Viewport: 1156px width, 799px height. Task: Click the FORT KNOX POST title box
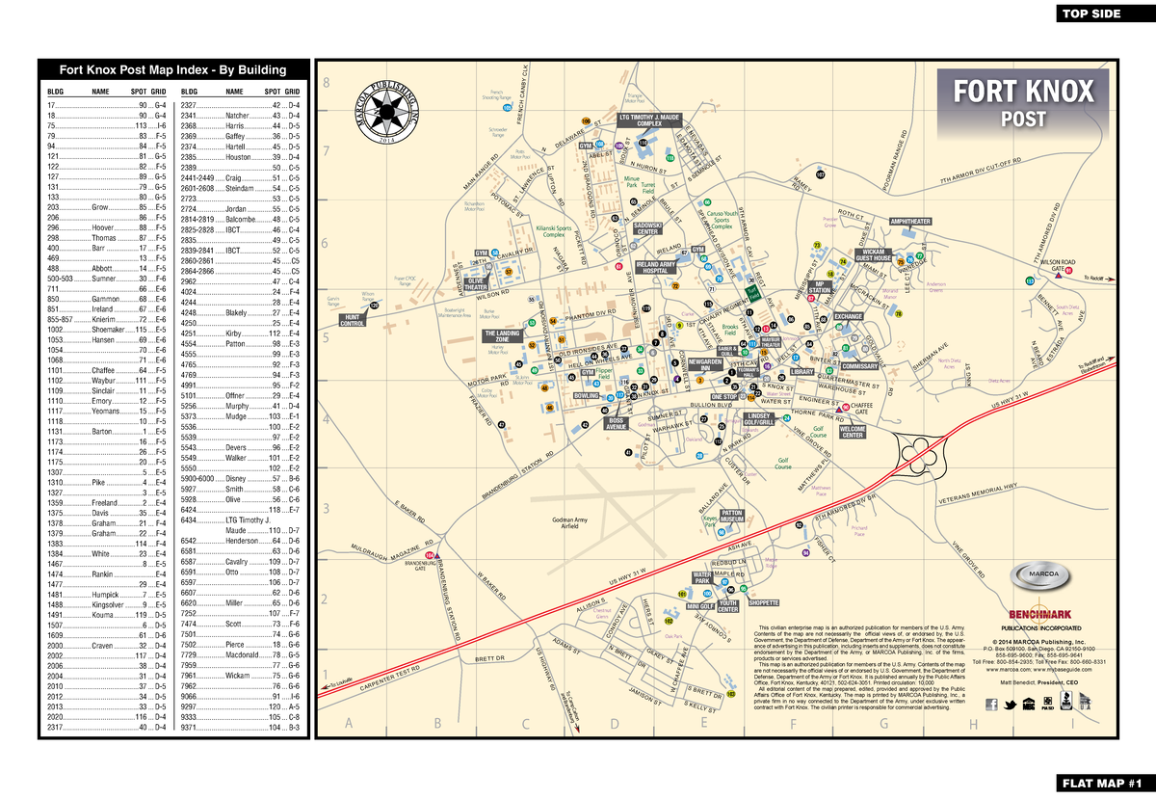click(x=1023, y=102)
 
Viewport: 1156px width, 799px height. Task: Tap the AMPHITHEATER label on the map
click(x=910, y=222)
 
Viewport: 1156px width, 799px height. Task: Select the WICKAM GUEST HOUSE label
click(x=873, y=255)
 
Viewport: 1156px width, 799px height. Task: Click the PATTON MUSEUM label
click(x=732, y=517)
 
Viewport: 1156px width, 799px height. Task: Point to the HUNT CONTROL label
click(x=354, y=320)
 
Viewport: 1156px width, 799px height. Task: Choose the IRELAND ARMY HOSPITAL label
click(x=655, y=267)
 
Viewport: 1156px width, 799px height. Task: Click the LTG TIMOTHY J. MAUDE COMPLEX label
click(x=649, y=120)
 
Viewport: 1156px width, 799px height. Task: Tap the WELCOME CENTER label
click(x=853, y=433)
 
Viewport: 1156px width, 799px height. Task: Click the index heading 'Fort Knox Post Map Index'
click(x=172, y=69)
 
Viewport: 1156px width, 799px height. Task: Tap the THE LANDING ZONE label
click(x=502, y=336)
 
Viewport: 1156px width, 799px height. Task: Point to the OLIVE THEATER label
click(x=476, y=284)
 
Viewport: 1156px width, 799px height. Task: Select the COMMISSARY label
click(x=859, y=366)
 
